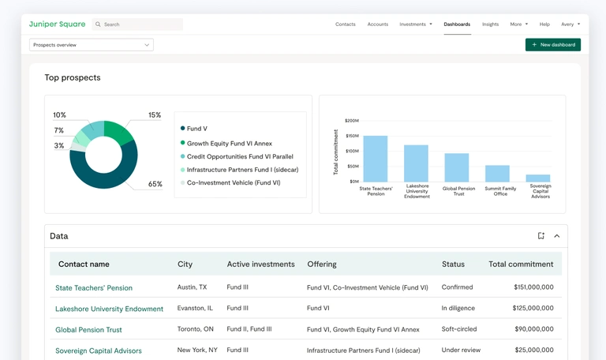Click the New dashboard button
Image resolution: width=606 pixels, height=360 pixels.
[553, 45]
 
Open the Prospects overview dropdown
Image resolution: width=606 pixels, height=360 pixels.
[92, 45]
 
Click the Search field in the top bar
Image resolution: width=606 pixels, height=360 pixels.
[138, 24]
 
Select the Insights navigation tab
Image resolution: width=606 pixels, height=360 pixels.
[490, 24]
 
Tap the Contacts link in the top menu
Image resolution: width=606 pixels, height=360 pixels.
[346, 24]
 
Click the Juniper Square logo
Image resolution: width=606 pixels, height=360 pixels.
[57, 24]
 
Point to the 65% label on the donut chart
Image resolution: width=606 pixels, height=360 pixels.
[155, 184]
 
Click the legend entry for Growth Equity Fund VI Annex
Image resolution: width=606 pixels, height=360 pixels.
[229, 144]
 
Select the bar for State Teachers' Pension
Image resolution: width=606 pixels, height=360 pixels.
[375, 159]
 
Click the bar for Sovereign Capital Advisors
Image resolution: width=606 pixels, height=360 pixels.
[538, 178]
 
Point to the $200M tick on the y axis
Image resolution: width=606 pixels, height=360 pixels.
[351, 121]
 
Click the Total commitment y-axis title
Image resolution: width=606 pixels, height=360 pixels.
[335, 152]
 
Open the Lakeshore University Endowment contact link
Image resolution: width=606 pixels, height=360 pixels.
[109, 309]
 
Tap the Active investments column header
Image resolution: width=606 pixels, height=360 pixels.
[260, 264]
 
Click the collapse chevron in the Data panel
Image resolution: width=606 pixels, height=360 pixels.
[556, 236]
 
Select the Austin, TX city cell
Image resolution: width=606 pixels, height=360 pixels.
[193, 287]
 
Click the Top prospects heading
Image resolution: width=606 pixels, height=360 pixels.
[73, 77]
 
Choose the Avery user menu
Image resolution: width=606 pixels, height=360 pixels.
[570, 24]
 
